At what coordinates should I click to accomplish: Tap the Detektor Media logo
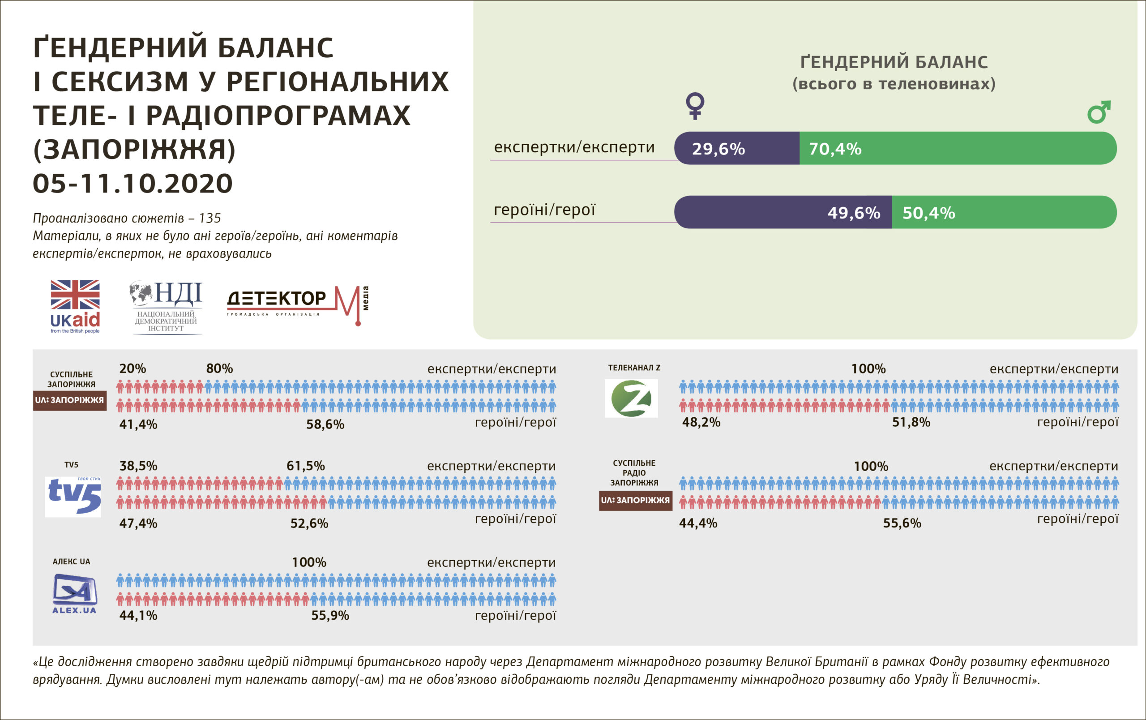(297, 304)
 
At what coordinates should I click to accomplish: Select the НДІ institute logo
(166, 307)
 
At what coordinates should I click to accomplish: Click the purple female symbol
(695, 106)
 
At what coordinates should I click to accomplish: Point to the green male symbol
(1099, 112)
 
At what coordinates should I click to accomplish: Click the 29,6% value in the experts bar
(718, 149)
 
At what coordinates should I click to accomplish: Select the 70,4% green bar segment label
(835, 149)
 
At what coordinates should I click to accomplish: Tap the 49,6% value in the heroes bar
(854, 213)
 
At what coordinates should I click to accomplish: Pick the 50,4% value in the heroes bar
(928, 213)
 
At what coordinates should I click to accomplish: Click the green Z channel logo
(631, 399)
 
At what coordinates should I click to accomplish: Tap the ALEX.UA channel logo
(74, 594)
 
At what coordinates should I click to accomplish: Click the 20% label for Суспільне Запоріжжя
(133, 369)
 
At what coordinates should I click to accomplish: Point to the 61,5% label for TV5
(306, 465)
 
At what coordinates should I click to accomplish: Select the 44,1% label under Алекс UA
(138, 615)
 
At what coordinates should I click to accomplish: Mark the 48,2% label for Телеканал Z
(701, 422)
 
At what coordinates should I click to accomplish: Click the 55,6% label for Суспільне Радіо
(902, 523)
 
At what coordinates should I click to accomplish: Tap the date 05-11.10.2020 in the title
(133, 184)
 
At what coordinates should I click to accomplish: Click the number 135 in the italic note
(210, 218)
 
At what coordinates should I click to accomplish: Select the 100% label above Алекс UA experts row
(309, 562)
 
